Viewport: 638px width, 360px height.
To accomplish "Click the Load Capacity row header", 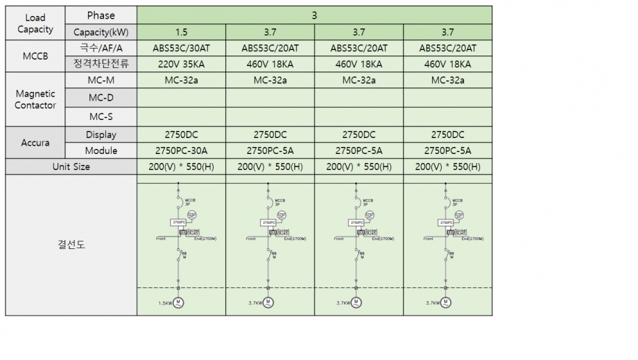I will (35, 24).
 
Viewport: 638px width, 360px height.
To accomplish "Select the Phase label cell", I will (101, 15).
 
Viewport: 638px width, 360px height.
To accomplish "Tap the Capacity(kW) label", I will (101, 32).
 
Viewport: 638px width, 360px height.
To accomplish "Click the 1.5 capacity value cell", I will (181, 32).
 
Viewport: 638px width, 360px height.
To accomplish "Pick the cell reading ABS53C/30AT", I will (181, 49).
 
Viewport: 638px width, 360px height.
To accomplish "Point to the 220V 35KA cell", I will (181, 65).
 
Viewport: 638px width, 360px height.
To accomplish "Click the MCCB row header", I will (35, 56).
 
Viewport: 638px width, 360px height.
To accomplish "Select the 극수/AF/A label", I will (101, 49).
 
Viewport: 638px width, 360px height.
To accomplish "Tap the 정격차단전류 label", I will (101, 65).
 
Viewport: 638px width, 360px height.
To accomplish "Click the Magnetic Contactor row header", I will (35, 98).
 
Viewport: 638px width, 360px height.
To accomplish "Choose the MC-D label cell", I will (101, 98).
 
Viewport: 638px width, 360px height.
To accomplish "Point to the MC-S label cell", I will (101, 117).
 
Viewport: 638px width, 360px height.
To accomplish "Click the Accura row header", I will (35, 142).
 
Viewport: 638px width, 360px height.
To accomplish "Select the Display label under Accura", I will (101, 135).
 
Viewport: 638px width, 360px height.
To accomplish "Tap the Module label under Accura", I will (101, 151).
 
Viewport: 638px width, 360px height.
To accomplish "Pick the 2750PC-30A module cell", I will (181, 151).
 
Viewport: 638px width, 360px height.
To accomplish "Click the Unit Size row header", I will (71, 166).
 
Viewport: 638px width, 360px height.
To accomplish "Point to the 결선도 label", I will (71, 245).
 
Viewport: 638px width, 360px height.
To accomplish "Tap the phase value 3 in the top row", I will (315, 15).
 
